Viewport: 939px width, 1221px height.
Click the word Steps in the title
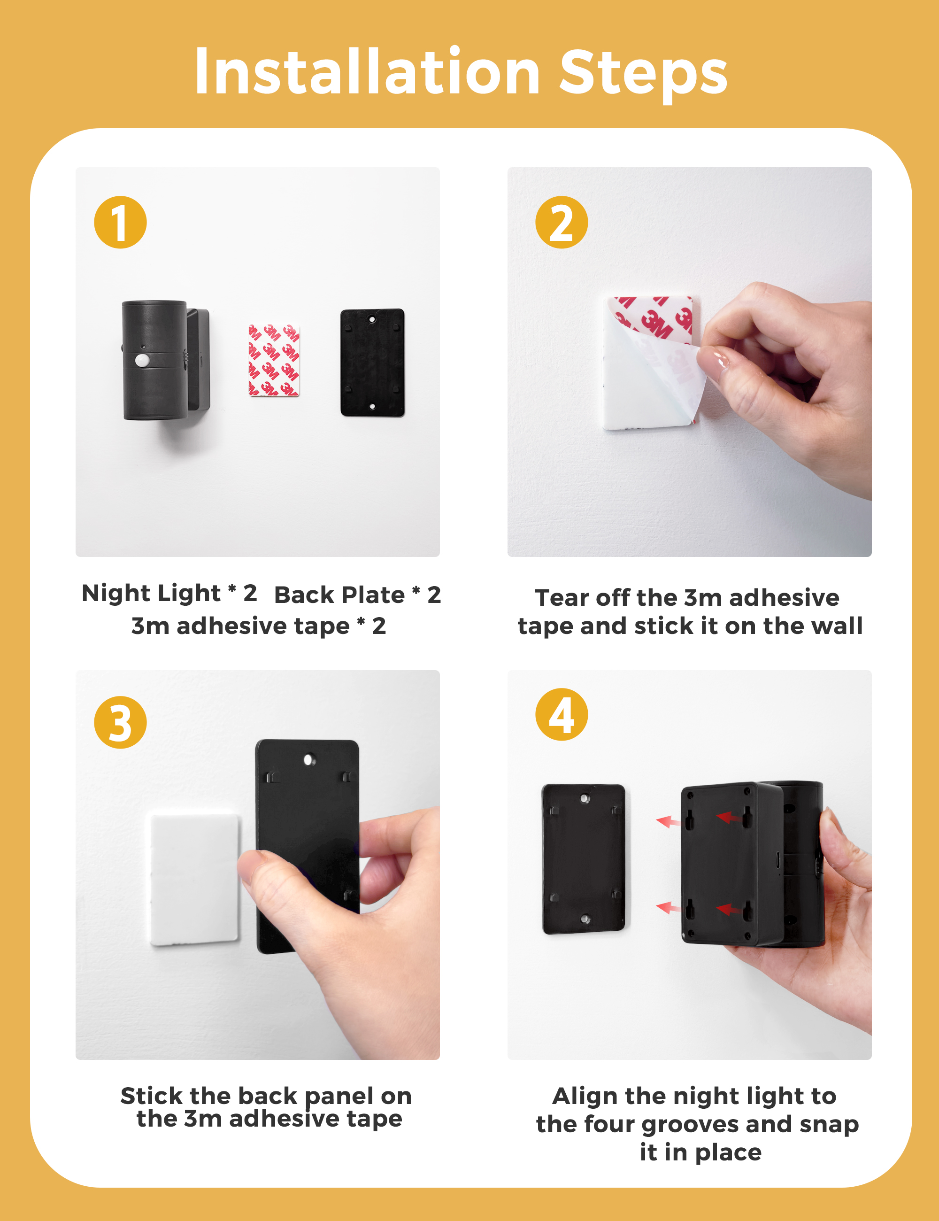[x=643, y=76]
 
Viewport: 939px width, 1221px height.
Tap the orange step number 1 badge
[x=120, y=222]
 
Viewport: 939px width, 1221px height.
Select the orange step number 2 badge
[x=562, y=222]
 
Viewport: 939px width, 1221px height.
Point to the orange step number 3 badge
[x=120, y=722]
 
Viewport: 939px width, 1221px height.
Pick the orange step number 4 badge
[x=562, y=714]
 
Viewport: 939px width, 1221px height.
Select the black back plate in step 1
[x=372, y=362]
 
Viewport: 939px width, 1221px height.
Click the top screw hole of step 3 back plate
[x=308, y=760]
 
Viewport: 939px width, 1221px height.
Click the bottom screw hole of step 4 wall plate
[x=585, y=919]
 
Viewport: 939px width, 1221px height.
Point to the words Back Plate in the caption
[x=339, y=595]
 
